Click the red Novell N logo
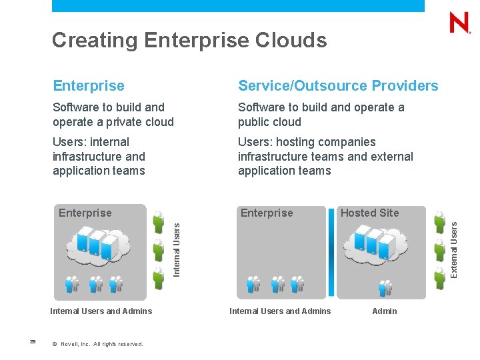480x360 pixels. [459, 23]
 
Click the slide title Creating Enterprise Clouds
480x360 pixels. [189, 41]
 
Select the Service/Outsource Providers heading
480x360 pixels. [338, 86]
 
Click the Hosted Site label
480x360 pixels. [369, 213]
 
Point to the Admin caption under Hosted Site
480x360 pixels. [385, 311]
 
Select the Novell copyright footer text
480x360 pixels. [101, 344]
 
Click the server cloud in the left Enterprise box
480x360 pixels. [98, 245]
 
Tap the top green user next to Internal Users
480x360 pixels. [158, 221]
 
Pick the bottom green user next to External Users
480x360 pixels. [439, 279]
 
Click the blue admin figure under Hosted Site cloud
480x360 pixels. [385, 287]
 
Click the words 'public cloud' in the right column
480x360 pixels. [270, 122]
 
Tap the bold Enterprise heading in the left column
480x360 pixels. [89, 86]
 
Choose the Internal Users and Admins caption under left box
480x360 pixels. [101, 311]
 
